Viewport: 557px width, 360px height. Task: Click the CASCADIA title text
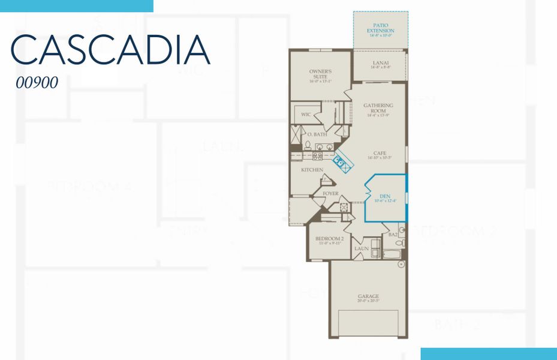[111, 50]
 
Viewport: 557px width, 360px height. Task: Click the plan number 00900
[37, 83]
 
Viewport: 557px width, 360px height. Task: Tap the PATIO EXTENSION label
[381, 28]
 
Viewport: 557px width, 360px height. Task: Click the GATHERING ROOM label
[378, 108]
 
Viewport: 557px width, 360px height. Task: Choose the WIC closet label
[306, 114]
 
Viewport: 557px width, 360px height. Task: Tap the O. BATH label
[317, 134]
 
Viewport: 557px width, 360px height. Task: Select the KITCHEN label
[312, 170]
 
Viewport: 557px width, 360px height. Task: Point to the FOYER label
[330, 194]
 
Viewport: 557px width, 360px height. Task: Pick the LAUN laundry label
[361, 248]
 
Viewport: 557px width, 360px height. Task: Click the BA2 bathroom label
[393, 235]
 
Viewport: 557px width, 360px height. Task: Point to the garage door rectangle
[369, 322]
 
